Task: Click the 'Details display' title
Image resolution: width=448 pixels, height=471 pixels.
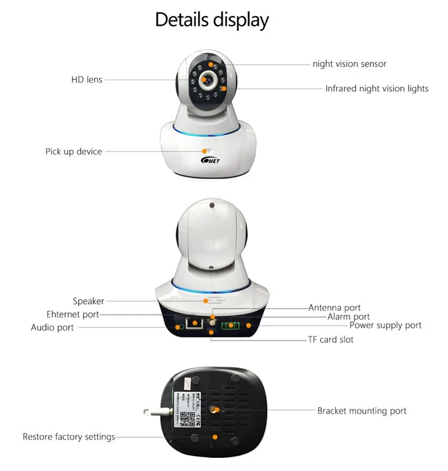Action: pos(212,20)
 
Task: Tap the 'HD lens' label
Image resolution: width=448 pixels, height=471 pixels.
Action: pos(87,79)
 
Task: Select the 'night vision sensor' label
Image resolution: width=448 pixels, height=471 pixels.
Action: pos(349,64)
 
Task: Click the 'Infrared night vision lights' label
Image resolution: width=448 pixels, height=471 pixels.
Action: pos(376,88)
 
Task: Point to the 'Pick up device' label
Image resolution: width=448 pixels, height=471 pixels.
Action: pos(73,152)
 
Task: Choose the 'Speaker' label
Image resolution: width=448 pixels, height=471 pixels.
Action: pos(88,301)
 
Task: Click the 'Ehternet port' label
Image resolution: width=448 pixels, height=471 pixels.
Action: pos(73,314)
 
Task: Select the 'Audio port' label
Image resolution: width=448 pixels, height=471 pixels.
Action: pos(53,327)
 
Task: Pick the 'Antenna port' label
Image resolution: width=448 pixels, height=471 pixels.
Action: pos(335,308)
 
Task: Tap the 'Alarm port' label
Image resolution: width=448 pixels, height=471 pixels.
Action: pos(348,317)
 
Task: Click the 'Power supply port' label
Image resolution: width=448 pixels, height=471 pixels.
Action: pos(385,325)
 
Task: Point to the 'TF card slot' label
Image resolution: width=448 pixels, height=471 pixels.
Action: pos(330,340)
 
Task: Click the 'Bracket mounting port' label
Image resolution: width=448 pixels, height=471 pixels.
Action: pos(361,411)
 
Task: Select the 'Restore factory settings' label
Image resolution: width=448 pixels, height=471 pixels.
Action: pos(69,437)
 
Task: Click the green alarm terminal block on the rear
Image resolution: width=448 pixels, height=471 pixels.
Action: pos(231,326)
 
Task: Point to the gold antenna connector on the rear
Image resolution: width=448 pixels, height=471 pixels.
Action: pos(211,323)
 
